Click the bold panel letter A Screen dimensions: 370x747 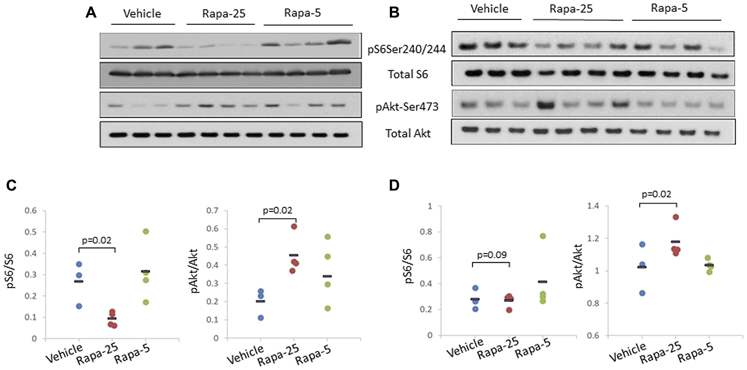click(x=91, y=13)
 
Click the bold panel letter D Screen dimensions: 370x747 click(x=394, y=185)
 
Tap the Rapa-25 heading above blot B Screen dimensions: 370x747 click(x=571, y=9)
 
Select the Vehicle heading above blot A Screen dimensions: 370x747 click(x=142, y=14)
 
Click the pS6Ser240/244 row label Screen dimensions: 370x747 click(x=406, y=49)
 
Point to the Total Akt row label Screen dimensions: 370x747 click(x=408, y=134)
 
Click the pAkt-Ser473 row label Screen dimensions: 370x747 click(x=407, y=107)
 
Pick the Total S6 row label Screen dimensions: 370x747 click(x=407, y=75)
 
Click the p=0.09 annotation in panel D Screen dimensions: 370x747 click(x=492, y=255)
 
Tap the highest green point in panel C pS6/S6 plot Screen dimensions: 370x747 click(x=146, y=232)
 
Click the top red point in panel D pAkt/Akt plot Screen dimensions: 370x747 click(x=676, y=217)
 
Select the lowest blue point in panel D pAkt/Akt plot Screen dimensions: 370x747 click(x=642, y=293)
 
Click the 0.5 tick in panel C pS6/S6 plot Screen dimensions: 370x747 click(x=31, y=232)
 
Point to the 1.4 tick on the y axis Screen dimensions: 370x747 click(x=593, y=206)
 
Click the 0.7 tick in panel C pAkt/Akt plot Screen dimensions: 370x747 click(x=212, y=211)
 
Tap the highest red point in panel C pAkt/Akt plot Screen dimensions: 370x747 click(x=294, y=226)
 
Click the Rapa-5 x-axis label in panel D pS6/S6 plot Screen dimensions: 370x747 click(x=533, y=348)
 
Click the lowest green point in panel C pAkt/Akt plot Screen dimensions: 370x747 click(x=327, y=308)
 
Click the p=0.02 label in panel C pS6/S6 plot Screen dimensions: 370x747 click(x=96, y=241)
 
